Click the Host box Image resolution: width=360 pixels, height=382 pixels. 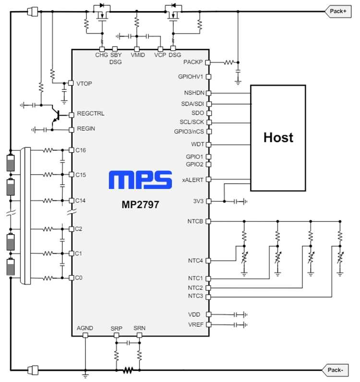pyautogui.click(x=278, y=138)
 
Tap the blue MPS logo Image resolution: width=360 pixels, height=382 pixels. pyautogui.click(x=140, y=180)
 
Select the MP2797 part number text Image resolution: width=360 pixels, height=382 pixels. pyautogui.click(x=140, y=204)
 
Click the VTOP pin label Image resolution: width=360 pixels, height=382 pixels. pyautogui.click(x=84, y=84)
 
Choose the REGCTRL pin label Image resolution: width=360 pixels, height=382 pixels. pyautogui.click(x=90, y=114)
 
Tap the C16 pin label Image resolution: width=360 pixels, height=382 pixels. pyautogui.click(x=81, y=150)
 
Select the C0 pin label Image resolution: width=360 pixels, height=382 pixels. pyautogui.click(x=79, y=278)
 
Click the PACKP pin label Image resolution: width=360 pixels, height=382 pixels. pyautogui.click(x=193, y=62)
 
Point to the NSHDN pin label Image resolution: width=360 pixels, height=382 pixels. pyautogui.click(x=194, y=93)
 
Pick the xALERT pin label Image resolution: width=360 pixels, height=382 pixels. pyautogui.click(x=193, y=179)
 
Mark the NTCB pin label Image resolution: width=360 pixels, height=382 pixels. pyautogui.click(x=195, y=221)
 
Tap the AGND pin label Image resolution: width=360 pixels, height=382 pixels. pyautogui.click(x=85, y=328)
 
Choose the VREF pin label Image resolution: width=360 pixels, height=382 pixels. pyautogui.click(x=196, y=325)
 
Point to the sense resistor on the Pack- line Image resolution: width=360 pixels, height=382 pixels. pyautogui.click(x=128, y=370)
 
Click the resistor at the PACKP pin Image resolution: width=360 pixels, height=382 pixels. pyautogui.click(x=228, y=62)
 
